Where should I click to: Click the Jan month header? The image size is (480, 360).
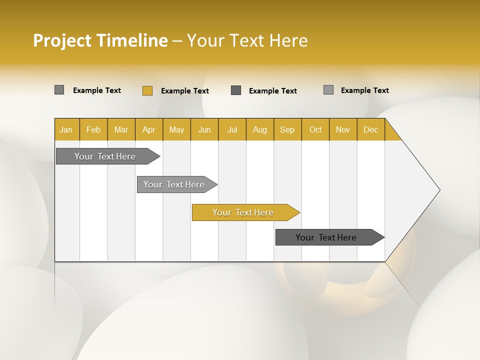(x=66, y=129)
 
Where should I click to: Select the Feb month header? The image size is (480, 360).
(x=93, y=129)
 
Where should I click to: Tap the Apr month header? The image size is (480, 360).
(x=149, y=129)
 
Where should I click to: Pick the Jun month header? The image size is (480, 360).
(x=204, y=129)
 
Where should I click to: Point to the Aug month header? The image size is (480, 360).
(x=260, y=129)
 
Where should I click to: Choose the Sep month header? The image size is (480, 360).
(x=287, y=129)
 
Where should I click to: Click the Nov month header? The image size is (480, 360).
(x=343, y=129)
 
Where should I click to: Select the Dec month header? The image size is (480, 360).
(x=371, y=129)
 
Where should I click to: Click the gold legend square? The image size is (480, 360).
(x=147, y=90)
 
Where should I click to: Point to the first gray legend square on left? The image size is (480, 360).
(x=59, y=90)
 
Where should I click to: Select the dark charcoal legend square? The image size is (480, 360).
(x=236, y=90)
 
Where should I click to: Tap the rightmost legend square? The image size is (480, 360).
(x=328, y=90)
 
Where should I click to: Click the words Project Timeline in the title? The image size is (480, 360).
(x=100, y=40)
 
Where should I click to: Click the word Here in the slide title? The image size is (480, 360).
(x=288, y=40)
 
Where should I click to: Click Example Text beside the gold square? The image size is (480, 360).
(x=184, y=91)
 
